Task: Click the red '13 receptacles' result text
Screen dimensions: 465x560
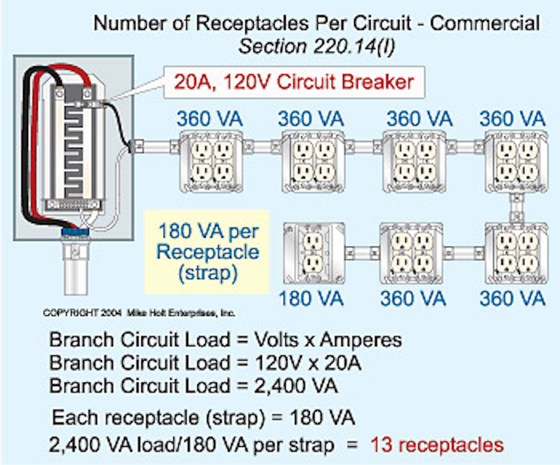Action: (437, 445)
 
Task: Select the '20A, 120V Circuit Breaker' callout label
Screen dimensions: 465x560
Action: (294, 83)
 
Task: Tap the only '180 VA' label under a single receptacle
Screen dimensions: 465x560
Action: (311, 299)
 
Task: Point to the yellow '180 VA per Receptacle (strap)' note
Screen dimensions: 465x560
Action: (207, 252)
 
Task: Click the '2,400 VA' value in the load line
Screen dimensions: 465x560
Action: (287, 386)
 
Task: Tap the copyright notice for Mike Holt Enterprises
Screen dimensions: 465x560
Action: (139, 313)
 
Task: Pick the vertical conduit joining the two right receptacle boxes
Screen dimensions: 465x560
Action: (516, 208)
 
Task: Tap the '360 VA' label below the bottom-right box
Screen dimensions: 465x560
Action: (512, 299)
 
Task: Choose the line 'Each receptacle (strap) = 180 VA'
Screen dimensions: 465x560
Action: (203, 418)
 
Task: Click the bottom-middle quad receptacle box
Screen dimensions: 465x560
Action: (411, 253)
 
